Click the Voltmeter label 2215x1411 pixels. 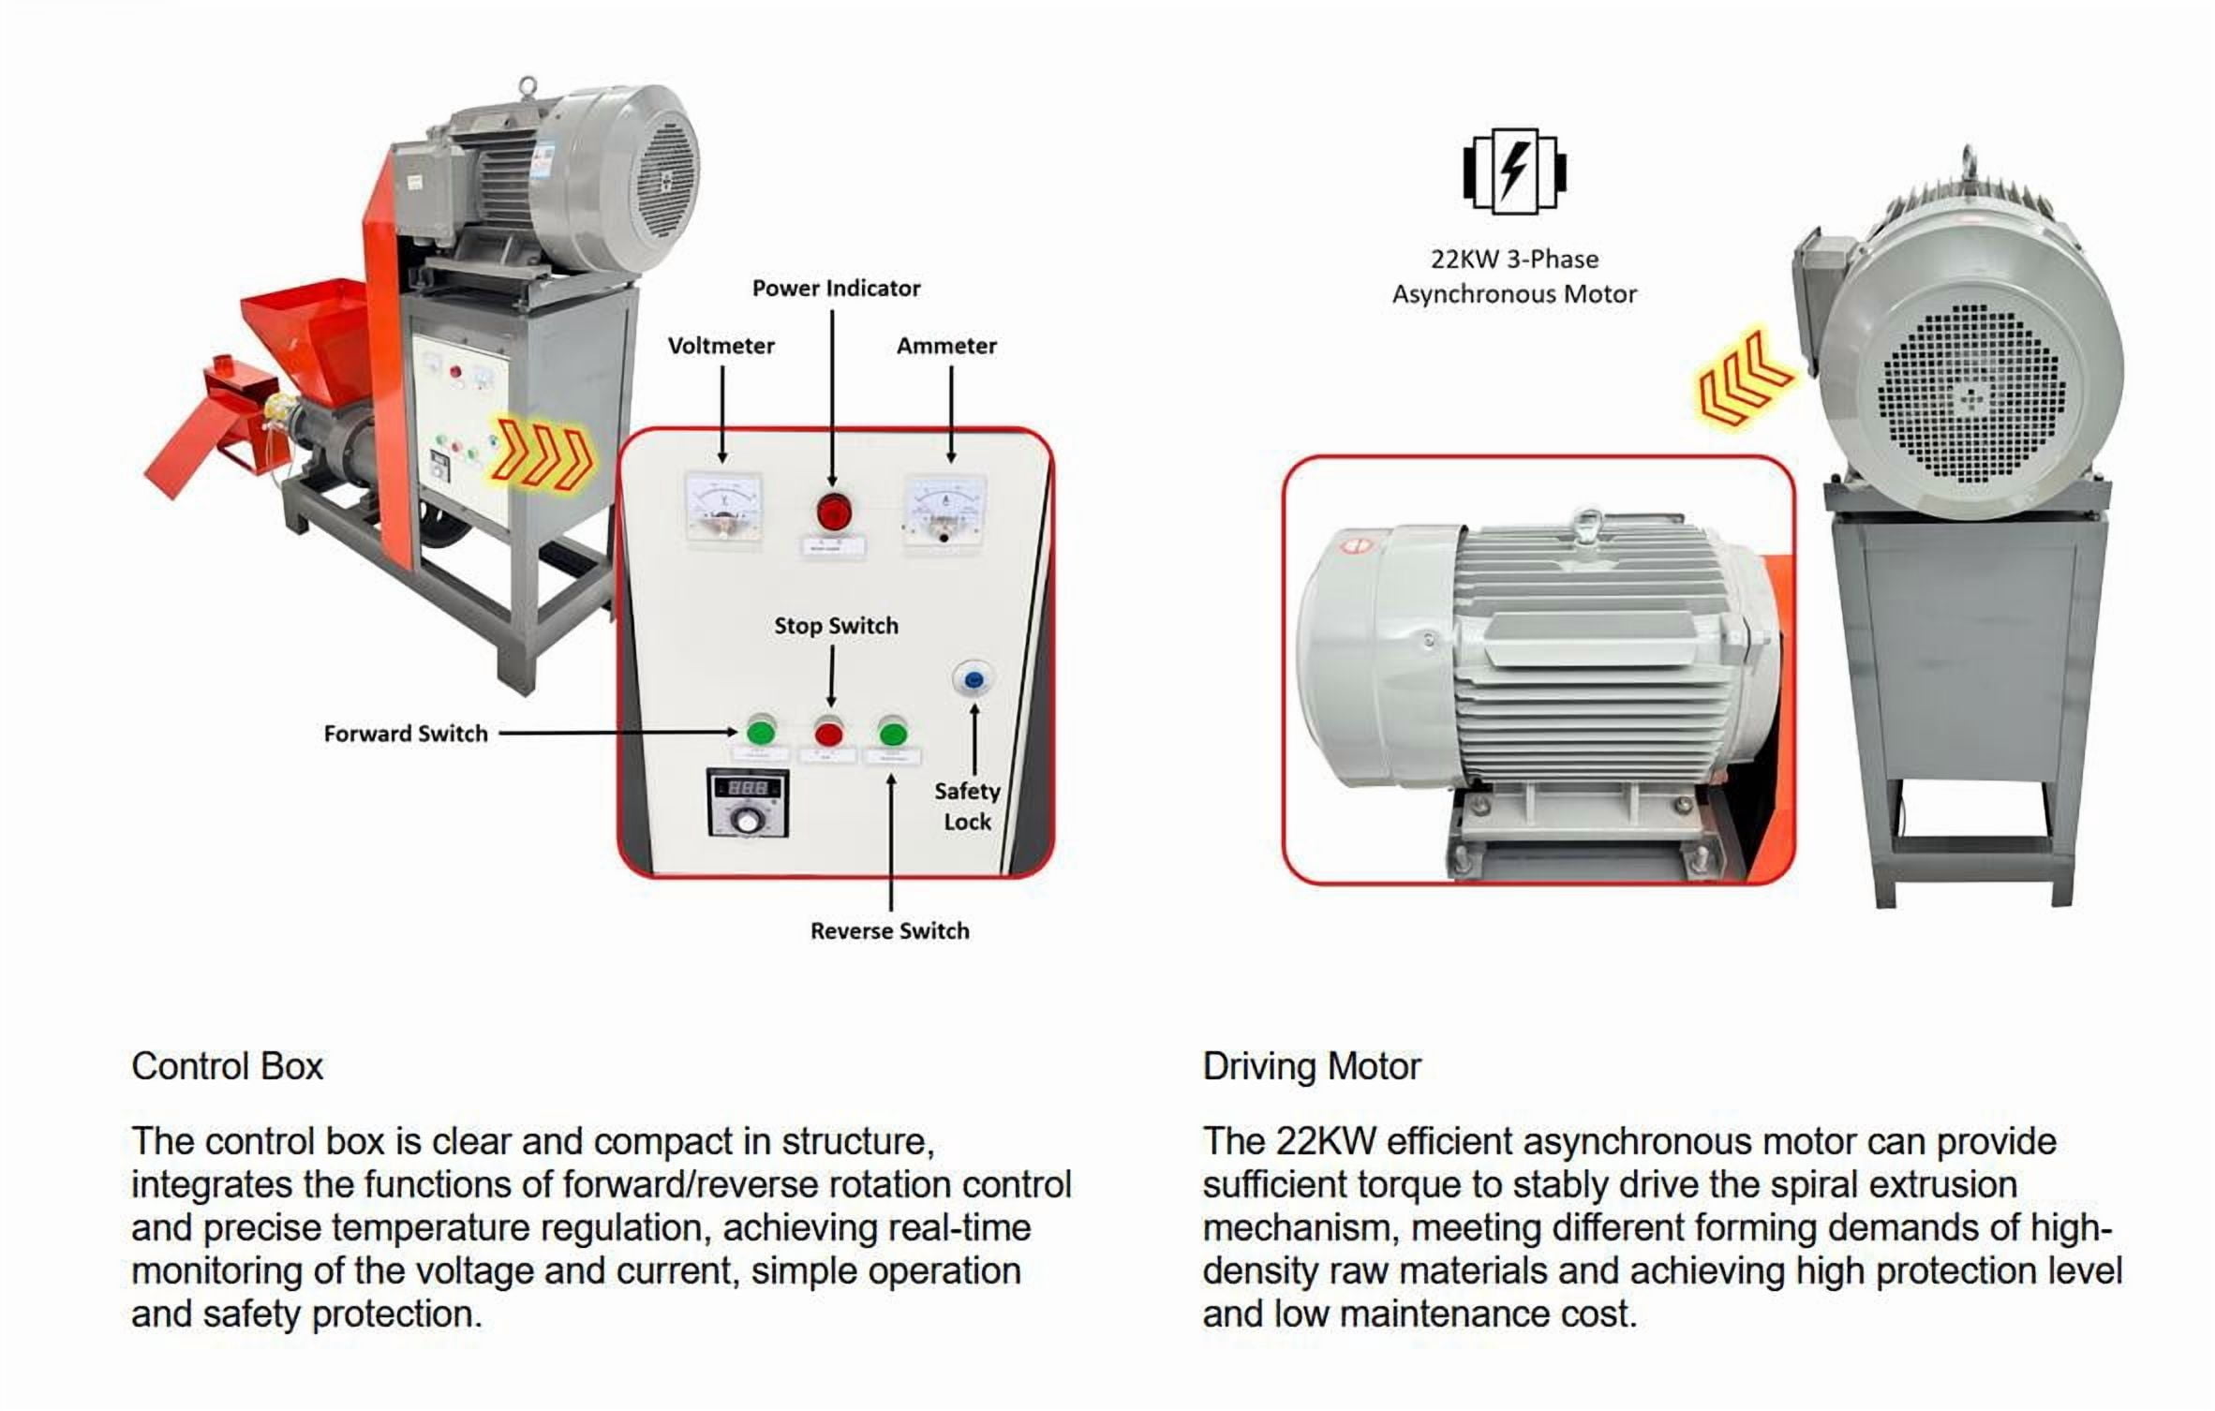[x=721, y=346]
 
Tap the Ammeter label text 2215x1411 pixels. [x=946, y=346]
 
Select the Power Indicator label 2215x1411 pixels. [x=836, y=289]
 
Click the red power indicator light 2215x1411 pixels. [x=831, y=512]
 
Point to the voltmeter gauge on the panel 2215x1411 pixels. [x=723, y=508]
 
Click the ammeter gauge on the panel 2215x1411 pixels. [x=944, y=511]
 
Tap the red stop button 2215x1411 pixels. [x=828, y=733]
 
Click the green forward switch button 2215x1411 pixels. [x=761, y=731]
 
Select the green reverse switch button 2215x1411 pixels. [x=892, y=733]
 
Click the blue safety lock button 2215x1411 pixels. [x=973, y=678]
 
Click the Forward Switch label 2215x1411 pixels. [x=406, y=734]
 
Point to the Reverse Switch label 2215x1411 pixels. [x=889, y=931]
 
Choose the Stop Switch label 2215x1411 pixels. [x=836, y=626]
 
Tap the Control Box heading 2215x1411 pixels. [x=227, y=1066]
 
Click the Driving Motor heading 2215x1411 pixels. [x=1312, y=1066]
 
